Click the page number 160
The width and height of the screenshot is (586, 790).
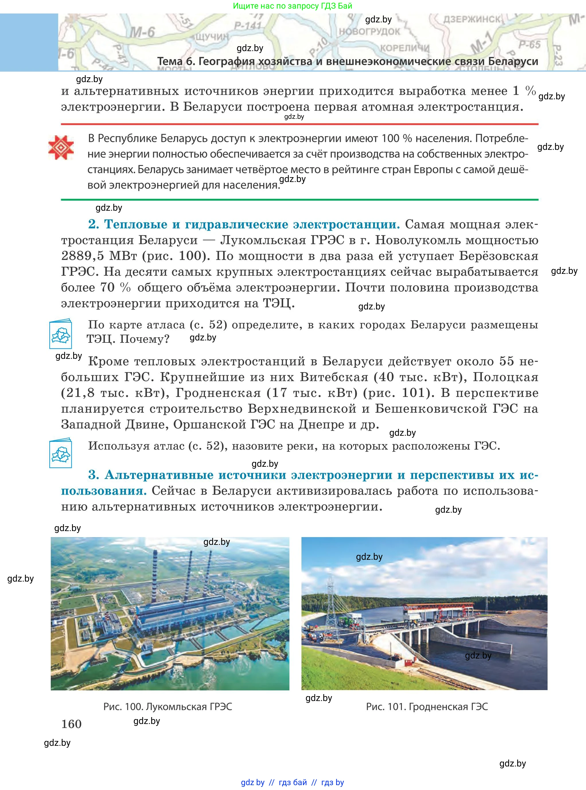click(71, 724)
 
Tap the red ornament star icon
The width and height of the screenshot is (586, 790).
click(61, 147)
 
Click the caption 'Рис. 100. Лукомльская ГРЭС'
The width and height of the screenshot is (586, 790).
click(168, 706)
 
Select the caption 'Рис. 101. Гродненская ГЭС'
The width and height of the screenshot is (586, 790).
click(427, 706)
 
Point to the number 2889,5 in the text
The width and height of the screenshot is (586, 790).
click(82, 256)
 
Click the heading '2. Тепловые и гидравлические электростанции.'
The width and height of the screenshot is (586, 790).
click(244, 224)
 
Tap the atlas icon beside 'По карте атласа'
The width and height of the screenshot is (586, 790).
click(61, 334)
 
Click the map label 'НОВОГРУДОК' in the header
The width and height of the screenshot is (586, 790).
click(369, 32)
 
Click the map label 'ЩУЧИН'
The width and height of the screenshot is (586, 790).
click(210, 36)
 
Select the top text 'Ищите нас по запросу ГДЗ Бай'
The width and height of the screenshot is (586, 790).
click(293, 6)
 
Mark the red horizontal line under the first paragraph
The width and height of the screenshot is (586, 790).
click(299, 124)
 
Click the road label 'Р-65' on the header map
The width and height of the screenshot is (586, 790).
click(529, 45)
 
